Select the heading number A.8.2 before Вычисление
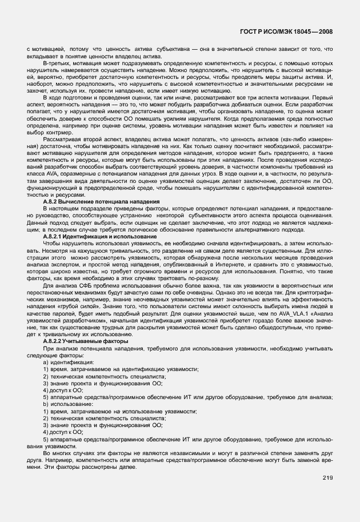[53, 202]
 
